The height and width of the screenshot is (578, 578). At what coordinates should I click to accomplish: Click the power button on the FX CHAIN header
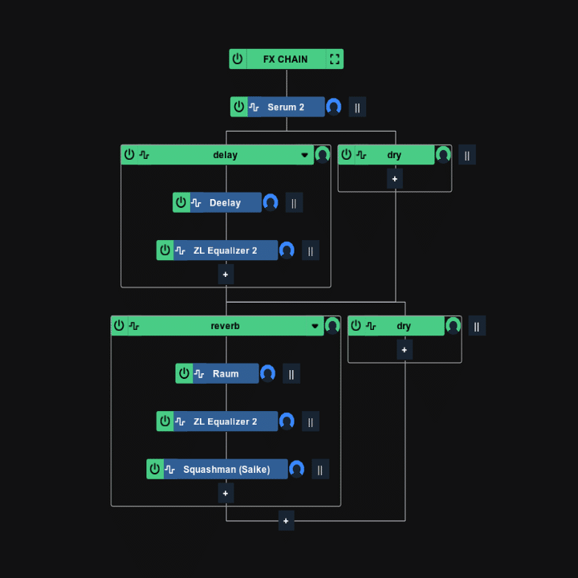pyautogui.click(x=238, y=59)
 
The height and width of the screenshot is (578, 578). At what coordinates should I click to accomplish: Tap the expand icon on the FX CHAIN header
pyautogui.click(x=335, y=59)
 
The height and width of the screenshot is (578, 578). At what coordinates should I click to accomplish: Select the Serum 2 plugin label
pyautogui.click(x=286, y=107)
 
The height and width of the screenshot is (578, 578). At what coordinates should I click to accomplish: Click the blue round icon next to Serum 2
pyautogui.click(x=334, y=107)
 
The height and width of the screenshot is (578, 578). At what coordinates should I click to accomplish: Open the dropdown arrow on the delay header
pyautogui.click(x=305, y=155)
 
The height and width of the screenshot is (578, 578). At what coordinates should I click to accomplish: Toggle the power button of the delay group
pyautogui.click(x=129, y=155)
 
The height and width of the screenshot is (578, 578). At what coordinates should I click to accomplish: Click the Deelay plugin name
pyautogui.click(x=225, y=202)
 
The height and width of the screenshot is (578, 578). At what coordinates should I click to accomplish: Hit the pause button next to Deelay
pyautogui.click(x=294, y=202)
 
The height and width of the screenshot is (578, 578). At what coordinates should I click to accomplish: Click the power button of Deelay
pyautogui.click(x=181, y=202)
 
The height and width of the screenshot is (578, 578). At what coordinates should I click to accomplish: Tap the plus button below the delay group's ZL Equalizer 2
pyautogui.click(x=226, y=275)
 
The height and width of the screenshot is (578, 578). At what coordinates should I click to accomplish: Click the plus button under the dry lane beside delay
pyautogui.click(x=395, y=178)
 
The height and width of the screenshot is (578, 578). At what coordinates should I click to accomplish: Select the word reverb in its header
pyautogui.click(x=225, y=326)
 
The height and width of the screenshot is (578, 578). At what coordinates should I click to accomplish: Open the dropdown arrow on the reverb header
pyautogui.click(x=315, y=326)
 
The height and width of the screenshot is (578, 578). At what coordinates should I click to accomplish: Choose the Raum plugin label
pyautogui.click(x=226, y=373)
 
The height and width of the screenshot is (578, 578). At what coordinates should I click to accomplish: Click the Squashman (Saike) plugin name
pyautogui.click(x=226, y=470)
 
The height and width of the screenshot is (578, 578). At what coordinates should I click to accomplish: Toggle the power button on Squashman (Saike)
pyautogui.click(x=155, y=469)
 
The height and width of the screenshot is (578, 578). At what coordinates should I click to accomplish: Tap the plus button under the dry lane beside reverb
pyautogui.click(x=405, y=349)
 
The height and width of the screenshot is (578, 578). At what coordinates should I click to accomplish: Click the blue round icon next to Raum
pyautogui.click(x=268, y=373)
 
